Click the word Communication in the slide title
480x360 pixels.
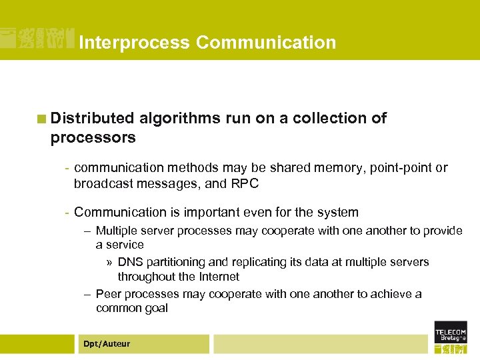(x=266, y=43)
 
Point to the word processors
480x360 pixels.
(x=93, y=138)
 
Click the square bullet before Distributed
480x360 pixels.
(x=42, y=119)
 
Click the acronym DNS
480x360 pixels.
(x=129, y=262)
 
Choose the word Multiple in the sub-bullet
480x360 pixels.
(x=117, y=231)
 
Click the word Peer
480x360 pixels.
(x=109, y=294)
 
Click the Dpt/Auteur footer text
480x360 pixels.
(x=107, y=344)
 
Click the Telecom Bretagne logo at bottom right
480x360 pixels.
(x=451, y=337)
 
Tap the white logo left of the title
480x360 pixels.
(x=36, y=39)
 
